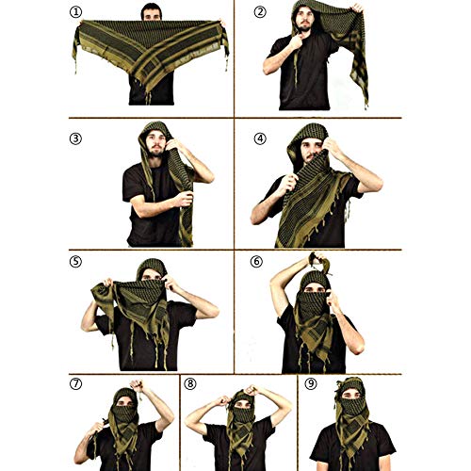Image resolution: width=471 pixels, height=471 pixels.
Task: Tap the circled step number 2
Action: [259, 12]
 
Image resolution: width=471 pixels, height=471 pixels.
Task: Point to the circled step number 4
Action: [259, 138]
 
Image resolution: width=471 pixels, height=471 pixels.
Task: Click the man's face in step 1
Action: [152, 13]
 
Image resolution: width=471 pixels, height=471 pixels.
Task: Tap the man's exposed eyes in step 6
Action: [312, 284]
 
